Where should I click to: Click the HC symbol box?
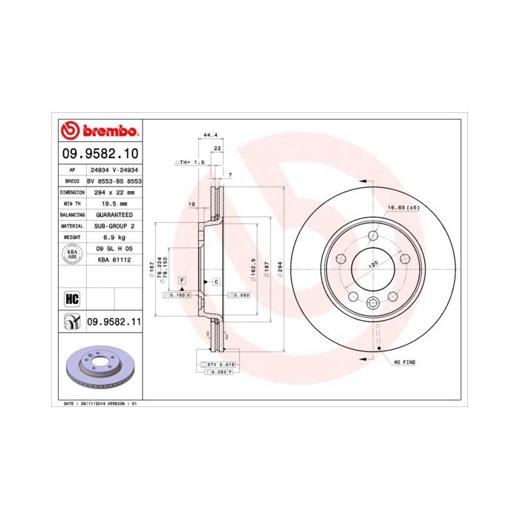coord(72,299)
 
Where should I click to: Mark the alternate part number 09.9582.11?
coord(114,322)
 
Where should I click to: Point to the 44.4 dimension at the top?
coord(209,135)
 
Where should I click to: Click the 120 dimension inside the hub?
coord(374,264)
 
